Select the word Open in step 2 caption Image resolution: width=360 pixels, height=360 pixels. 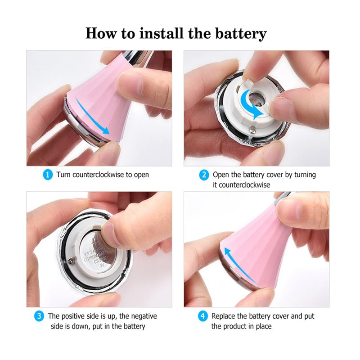click(221, 175)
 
